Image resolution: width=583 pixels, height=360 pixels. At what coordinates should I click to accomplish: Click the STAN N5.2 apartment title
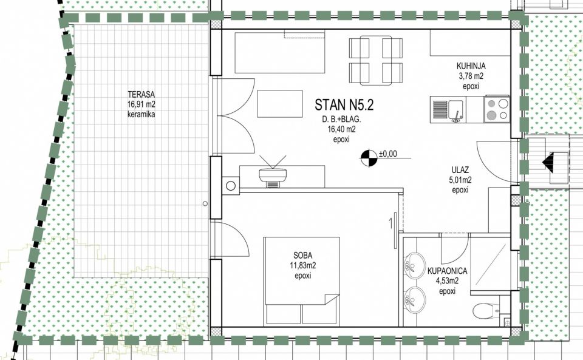(x=344, y=105)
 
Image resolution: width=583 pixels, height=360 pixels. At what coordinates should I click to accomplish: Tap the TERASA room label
(x=141, y=94)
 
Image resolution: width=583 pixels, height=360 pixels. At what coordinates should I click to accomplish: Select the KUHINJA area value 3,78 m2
(x=471, y=76)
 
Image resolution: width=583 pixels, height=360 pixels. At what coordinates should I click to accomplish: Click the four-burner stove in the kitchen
(x=497, y=110)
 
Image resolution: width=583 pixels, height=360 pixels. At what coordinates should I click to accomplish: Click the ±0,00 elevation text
(x=388, y=154)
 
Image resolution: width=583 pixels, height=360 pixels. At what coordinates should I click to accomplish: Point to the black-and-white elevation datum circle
(x=369, y=158)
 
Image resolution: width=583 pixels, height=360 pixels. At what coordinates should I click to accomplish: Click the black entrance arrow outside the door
(x=548, y=162)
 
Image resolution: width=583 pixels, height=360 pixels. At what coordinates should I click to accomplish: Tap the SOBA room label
(x=302, y=255)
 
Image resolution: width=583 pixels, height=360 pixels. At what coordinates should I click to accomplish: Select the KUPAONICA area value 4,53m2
(x=447, y=281)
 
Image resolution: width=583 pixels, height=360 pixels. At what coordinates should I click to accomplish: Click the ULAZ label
(x=460, y=170)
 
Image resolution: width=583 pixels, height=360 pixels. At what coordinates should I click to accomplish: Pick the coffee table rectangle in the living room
(x=279, y=104)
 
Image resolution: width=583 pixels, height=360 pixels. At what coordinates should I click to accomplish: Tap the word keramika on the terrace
(x=141, y=114)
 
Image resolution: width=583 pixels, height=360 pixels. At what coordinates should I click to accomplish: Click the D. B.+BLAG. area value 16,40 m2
(x=341, y=130)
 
